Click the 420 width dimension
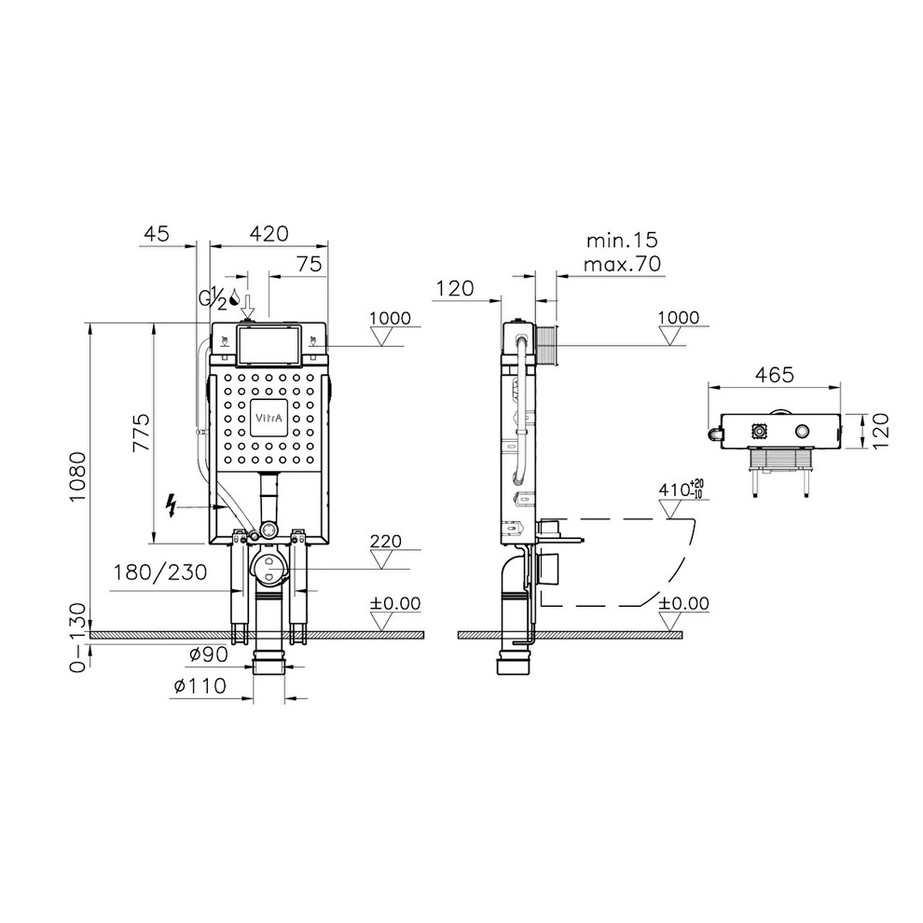pos(268,233)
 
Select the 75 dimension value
pos(310,264)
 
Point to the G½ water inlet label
pos(214,298)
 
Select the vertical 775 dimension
pos(141,434)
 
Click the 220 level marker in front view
pos(385,540)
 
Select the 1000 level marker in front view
pos(390,318)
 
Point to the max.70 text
pos(621,265)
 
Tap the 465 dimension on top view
pos(774,375)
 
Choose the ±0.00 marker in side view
pos(683,603)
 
